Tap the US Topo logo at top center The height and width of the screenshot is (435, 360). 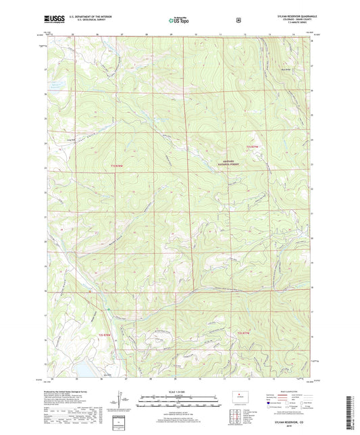click(x=179, y=21)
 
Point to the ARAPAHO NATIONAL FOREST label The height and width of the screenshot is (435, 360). click(x=233, y=163)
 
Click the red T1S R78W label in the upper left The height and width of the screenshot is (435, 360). click(x=118, y=165)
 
